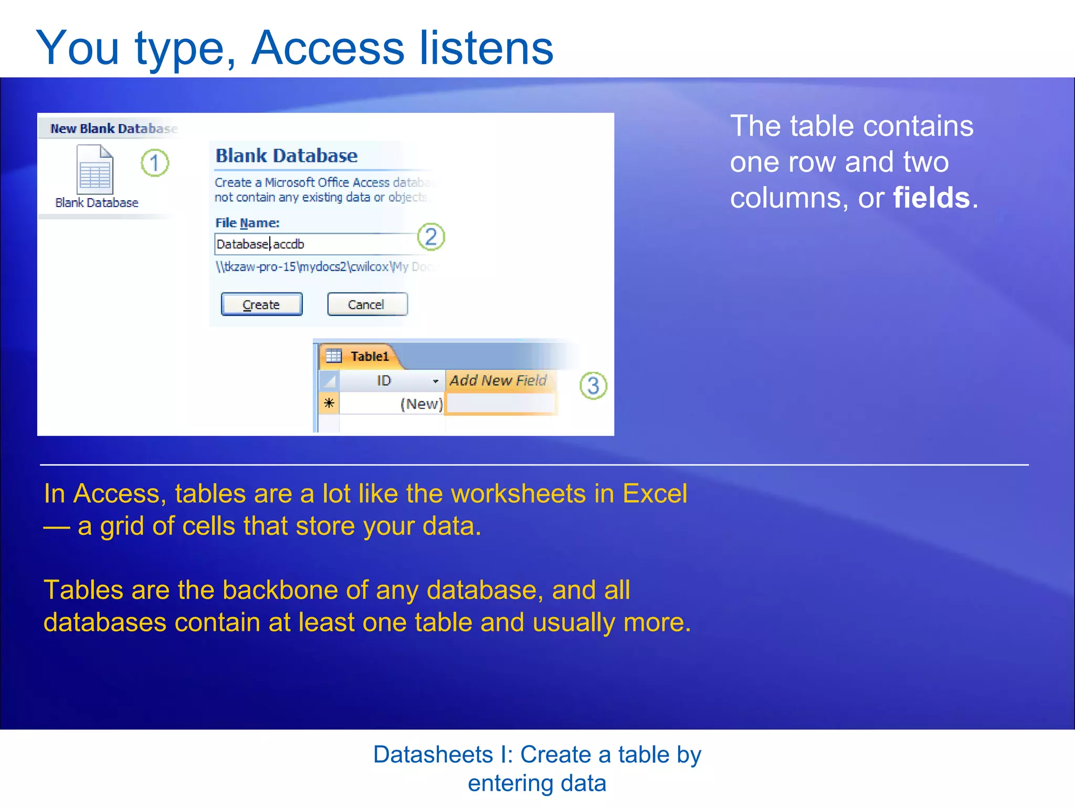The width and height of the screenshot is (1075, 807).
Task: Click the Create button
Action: (261, 305)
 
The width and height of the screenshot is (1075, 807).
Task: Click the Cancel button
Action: (367, 305)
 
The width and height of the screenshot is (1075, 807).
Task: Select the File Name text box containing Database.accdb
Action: (315, 244)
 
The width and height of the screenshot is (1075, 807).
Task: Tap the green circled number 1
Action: (155, 163)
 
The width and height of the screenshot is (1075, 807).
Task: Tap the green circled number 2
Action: (431, 237)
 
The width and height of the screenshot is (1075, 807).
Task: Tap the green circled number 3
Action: (593, 386)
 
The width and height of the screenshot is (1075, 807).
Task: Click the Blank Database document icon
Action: (95, 170)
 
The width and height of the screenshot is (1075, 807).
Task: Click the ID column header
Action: (384, 381)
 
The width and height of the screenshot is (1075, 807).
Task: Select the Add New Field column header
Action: (498, 380)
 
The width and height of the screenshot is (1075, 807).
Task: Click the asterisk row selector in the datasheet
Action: (329, 403)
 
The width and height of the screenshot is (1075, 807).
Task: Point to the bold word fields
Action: (931, 198)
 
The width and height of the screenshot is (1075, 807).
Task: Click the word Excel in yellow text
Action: (655, 494)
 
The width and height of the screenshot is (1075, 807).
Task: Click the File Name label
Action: (247, 223)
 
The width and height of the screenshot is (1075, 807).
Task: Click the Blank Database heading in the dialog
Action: (287, 156)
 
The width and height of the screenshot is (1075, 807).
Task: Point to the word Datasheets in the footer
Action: (433, 755)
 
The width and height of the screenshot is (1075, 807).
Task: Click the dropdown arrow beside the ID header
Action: (435, 381)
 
